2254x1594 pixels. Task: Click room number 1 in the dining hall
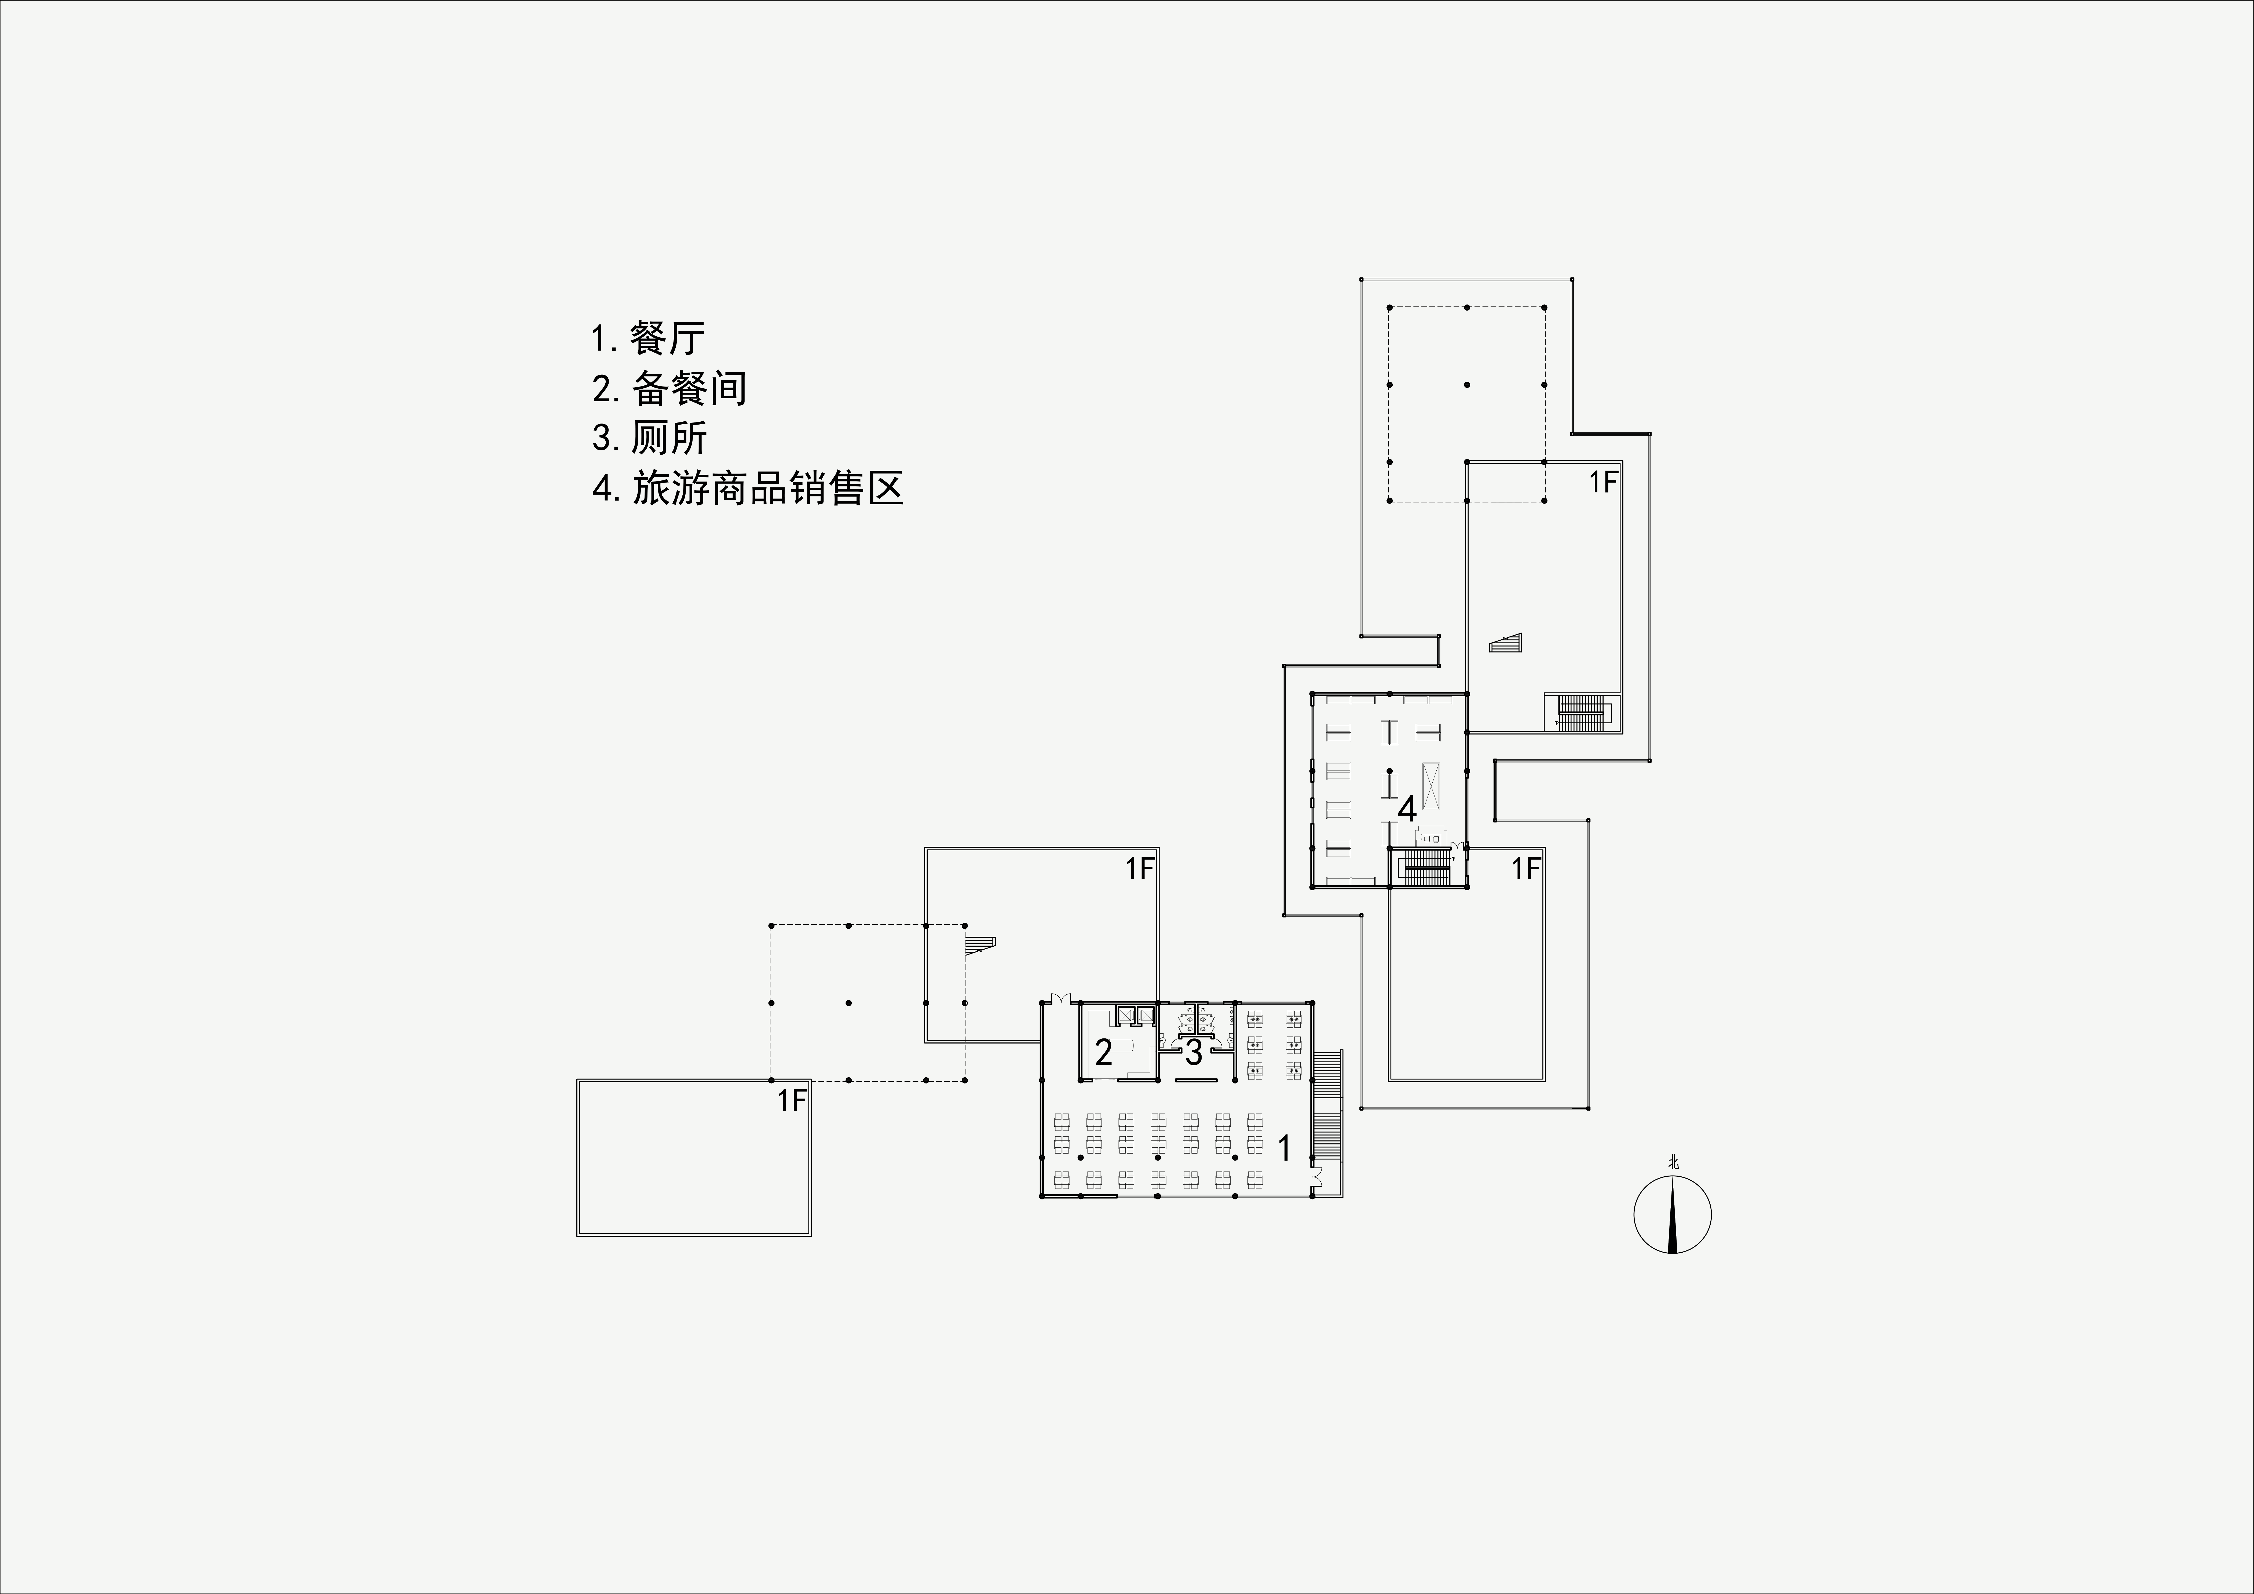click(x=1284, y=1147)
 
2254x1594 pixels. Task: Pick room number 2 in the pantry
click(x=1103, y=1053)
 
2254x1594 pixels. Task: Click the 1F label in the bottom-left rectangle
click(x=791, y=1100)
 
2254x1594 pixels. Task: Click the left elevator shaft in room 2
click(x=1125, y=1016)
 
